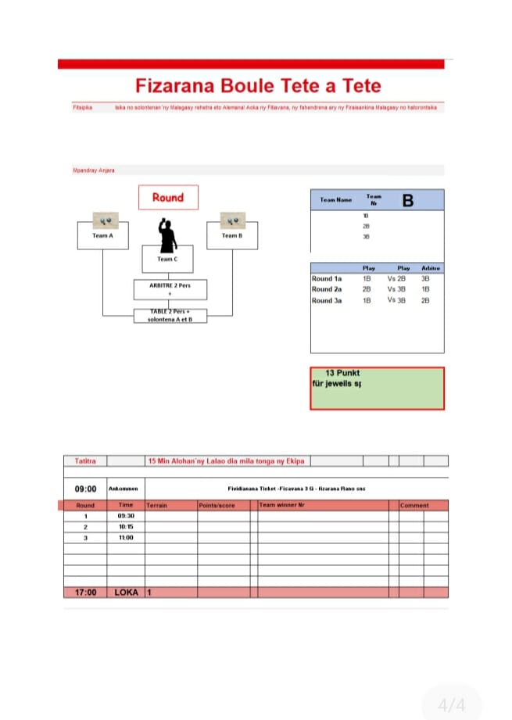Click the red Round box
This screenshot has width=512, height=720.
click(167, 197)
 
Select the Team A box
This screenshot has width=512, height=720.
click(102, 235)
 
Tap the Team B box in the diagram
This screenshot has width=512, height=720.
click(231, 235)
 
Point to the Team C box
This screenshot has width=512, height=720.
click(166, 259)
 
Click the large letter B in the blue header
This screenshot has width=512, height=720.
click(407, 201)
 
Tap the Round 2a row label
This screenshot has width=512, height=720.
click(327, 289)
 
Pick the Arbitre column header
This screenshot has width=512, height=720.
click(431, 268)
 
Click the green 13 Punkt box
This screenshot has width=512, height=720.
click(377, 388)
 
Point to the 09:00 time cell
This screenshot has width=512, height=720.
click(85, 489)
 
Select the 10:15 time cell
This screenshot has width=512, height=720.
click(126, 527)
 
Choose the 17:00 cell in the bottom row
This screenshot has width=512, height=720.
click(85, 593)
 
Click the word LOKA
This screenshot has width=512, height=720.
click(126, 593)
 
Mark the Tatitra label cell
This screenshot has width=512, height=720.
click(85, 461)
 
